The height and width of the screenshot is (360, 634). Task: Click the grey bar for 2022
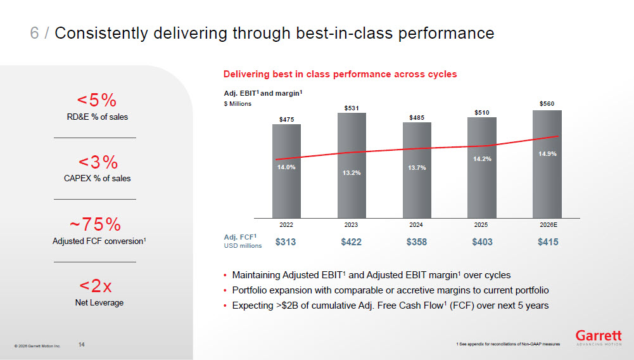286,171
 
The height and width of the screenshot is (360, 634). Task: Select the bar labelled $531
352,165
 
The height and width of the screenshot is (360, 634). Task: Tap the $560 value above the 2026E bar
547,104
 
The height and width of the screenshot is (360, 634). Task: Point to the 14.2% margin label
483,159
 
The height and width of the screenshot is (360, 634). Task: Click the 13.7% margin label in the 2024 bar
417,168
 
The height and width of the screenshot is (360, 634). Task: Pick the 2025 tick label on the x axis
481,225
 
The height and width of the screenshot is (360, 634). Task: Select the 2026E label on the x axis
548,225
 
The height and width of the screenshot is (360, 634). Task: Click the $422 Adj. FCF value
351,242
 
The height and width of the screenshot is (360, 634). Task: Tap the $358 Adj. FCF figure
417,242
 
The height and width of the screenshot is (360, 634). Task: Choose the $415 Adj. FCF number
548,242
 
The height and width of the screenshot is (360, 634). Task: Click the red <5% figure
97,100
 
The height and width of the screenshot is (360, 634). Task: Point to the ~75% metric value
95,224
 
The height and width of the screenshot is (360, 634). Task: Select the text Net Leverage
99,302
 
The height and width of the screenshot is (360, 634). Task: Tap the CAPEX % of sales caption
97,178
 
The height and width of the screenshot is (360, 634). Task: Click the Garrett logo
599,338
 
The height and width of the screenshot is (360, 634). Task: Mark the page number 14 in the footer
81,345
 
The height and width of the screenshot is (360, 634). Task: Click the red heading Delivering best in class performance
340,74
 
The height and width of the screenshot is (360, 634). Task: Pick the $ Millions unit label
238,104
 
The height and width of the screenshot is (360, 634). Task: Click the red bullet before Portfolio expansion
225,291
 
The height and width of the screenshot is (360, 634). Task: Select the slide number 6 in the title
34,33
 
